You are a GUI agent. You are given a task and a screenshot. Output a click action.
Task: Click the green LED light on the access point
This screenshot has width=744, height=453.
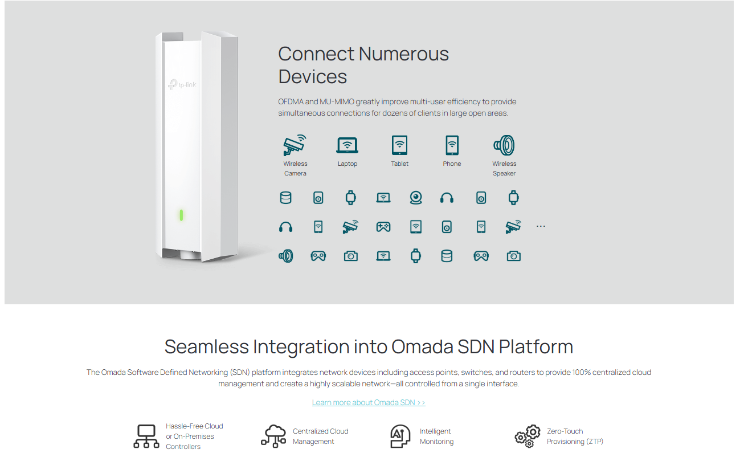[181, 215]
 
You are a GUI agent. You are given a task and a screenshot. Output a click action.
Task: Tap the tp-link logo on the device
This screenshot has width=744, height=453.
[182, 84]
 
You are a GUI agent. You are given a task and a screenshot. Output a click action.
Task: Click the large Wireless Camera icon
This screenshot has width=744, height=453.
[295, 145]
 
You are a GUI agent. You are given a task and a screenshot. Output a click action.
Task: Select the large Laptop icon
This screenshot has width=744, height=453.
[347, 145]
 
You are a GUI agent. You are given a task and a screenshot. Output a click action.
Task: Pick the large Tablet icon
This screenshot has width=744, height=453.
[399, 145]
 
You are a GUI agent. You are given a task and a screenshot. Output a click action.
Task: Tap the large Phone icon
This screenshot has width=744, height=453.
[452, 145]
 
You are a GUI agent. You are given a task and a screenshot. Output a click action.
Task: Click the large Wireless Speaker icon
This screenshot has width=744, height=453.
[504, 145]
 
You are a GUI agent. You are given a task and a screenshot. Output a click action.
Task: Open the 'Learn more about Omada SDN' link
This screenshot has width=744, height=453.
[369, 402]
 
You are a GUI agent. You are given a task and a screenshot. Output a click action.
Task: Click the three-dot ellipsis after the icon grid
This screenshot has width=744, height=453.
[541, 227]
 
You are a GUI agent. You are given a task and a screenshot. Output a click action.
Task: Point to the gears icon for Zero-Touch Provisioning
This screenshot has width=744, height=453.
[528, 436]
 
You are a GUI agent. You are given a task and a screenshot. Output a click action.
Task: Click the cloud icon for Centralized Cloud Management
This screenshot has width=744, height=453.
[273, 436]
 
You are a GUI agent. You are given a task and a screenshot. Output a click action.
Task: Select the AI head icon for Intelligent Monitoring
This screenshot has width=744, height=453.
[400, 436]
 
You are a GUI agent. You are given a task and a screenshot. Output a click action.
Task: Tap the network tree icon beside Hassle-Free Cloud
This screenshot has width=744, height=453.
[146, 436]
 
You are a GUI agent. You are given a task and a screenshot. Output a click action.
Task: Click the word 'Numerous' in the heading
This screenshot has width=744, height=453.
[403, 54]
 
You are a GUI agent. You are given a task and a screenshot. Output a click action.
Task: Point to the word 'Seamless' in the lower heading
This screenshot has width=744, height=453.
[207, 346]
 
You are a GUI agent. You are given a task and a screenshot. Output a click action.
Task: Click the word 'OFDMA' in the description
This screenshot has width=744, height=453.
[291, 101]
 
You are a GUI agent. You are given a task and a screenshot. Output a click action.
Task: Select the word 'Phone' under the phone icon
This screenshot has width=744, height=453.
[452, 164]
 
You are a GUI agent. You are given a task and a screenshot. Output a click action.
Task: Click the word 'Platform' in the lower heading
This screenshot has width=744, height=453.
[535, 346]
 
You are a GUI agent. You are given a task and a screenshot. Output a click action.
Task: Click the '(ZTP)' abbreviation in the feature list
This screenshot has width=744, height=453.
[595, 442]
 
